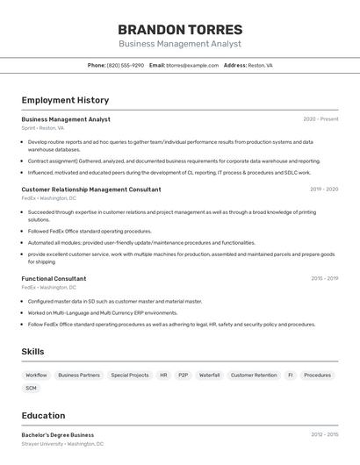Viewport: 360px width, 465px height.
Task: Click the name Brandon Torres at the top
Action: pyautogui.click(x=180, y=29)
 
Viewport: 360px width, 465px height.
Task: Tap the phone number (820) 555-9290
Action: pyautogui.click(x=126, y=65)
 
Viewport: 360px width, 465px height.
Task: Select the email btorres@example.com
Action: pyautogui.click(x=192, y=65)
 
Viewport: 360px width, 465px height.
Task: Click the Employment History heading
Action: pyautogui.click(x=65, y=100)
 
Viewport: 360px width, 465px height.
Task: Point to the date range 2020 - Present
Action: pyautogui.click(x=320, y=119)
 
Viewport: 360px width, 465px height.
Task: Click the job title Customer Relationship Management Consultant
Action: pyautogui.click(x=91, y=190)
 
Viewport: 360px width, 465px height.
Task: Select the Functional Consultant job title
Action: pyautogui.click(x=54, y=278)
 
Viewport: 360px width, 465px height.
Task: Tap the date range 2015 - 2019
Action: pyautogui.click(x=324, y=278)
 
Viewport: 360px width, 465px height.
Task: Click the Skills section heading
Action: pyautogui.click(x=33, y=351)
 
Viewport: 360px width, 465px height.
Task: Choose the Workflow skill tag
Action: pyautogui.click(x=36, y=375)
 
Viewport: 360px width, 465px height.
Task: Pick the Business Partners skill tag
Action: pyautogui.click(x=79, y=375)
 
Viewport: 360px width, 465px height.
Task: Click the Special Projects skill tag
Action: pyautogui.click(x=130, y=375)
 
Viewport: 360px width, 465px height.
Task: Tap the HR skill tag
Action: pyautogui.click(x=163, y=375)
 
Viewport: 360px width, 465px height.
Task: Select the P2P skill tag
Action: pyautogui.click(x=183, y=375)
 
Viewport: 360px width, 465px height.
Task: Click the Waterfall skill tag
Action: pyautogui.click(x=209, y=375)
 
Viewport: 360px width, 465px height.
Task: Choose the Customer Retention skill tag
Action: pyautogui.click(x=254, y=375)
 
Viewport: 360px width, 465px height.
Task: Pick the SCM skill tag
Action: pyautogui.click(x=32, y=387)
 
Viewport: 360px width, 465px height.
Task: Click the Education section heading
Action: pyautogui.click(x=43, y=415)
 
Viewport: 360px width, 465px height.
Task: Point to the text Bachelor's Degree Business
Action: pyautogui.click(x=58, y=434)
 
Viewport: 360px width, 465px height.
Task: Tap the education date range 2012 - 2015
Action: pyautogui.click(x=324, y=434)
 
